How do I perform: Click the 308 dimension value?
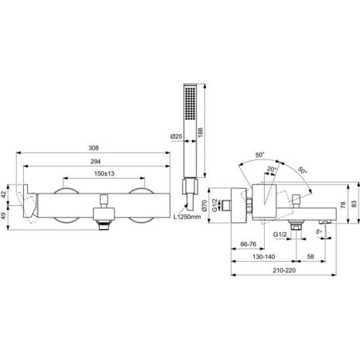(x=94, y=148)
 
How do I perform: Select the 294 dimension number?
(x=95, y=162)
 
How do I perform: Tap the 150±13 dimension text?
(x=104, y=173)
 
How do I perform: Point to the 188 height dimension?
(x=201, y=132)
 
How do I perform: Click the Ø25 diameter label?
(x=177, y=136)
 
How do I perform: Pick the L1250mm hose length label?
(x=187, y=217)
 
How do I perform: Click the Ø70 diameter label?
(x=204, y=206)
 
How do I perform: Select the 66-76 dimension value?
(x=248, y=244)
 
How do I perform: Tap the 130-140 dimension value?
(x=263, y=257)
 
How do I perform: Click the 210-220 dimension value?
(x=284, y=270)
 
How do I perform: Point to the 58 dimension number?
(x=310, y=256)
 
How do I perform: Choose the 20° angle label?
(x=272, y=170)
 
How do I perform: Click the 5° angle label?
(x=319, y=231)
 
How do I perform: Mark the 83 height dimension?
(x=354, y=204)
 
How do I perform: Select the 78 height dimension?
(x=343, y=205)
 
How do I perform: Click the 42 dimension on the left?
(x=3, y=194)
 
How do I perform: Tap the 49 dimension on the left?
(x=3, y=216)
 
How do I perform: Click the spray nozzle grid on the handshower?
(x=190, y=103)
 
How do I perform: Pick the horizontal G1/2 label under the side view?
(x=280, y=235)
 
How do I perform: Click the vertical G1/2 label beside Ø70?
(x=214, y=206)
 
